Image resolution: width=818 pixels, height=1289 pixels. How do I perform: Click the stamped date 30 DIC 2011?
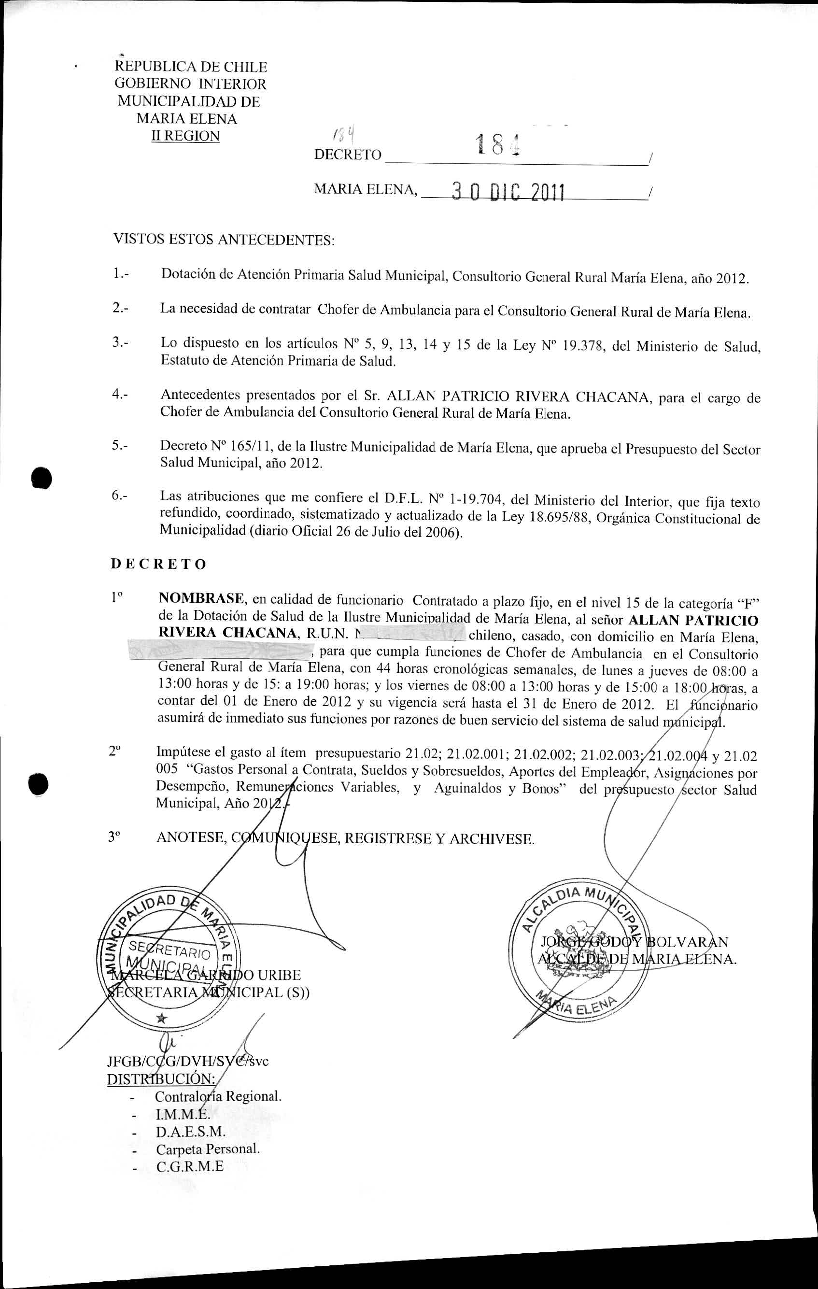(508, 191)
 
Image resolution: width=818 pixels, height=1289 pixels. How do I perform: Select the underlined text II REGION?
(186, 136)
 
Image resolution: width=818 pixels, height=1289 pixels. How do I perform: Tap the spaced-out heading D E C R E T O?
(158, 564)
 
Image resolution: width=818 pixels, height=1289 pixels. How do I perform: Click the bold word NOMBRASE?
(202, 598)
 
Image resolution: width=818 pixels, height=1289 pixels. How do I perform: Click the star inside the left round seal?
(161, 1018)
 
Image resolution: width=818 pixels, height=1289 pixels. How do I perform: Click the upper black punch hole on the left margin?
(42, 478)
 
